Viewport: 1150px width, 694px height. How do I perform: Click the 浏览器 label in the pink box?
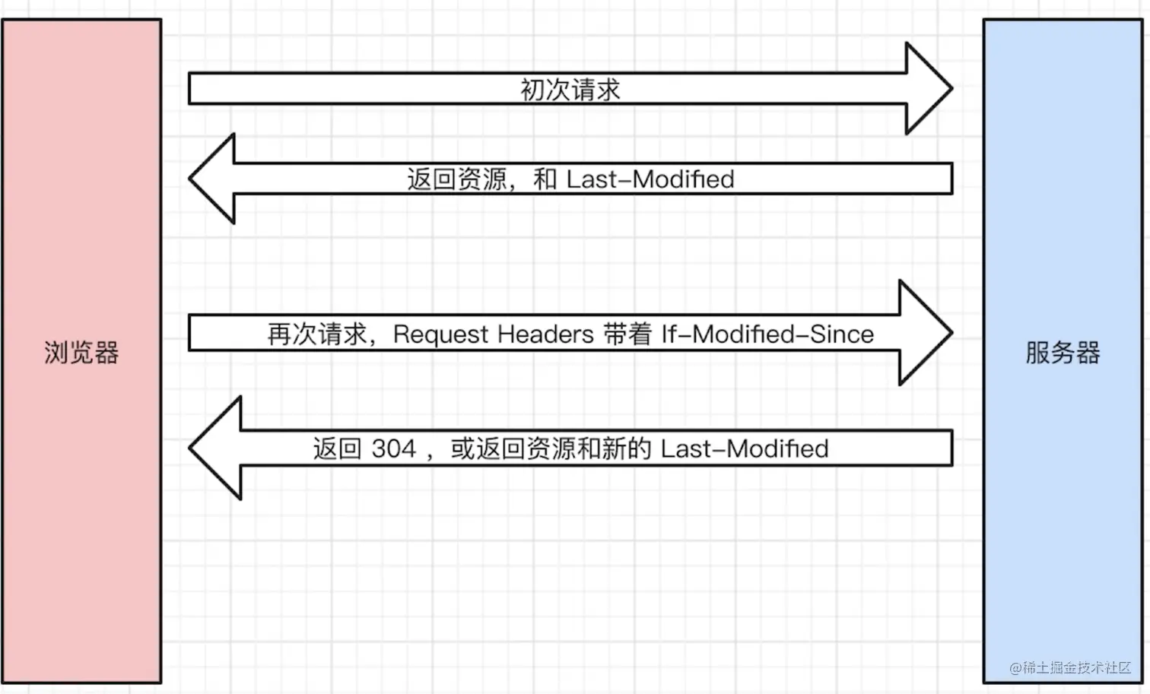click(81, 353)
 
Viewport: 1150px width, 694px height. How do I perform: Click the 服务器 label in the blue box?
click(1063, 353)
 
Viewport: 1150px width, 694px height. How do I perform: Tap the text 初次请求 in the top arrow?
click(570, 90)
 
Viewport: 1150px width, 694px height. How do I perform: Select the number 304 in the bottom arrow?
click(393, 448)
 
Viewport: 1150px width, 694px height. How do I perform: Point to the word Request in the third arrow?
click(441, 334)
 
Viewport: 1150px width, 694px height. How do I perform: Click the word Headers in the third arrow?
click(545, 334)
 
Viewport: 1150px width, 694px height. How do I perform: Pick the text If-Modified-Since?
click(767, 334)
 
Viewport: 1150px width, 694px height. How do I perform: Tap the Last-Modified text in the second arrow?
click(650, 179)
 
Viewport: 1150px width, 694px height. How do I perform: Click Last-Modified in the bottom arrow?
click(744, 448)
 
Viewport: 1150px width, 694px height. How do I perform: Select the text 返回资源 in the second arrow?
click(456, 179)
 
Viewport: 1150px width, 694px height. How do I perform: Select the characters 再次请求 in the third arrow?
click(317, 334)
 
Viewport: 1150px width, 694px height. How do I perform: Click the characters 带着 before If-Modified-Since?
click(627, 334)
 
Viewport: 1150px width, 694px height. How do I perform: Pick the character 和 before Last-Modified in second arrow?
click(545, 179)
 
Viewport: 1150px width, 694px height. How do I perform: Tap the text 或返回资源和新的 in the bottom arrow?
click(551, 448)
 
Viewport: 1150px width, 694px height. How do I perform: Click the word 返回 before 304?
click(337, 448)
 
